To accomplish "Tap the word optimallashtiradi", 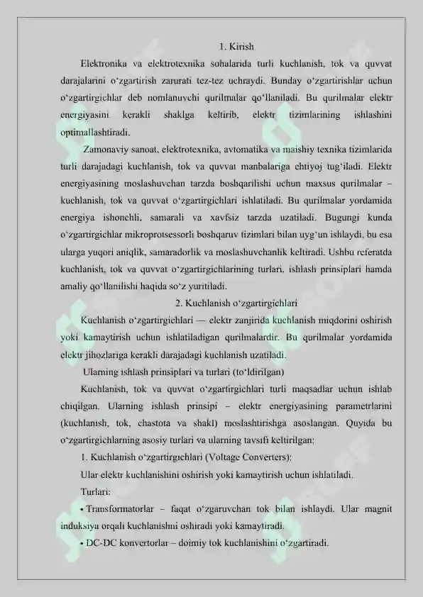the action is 95,132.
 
